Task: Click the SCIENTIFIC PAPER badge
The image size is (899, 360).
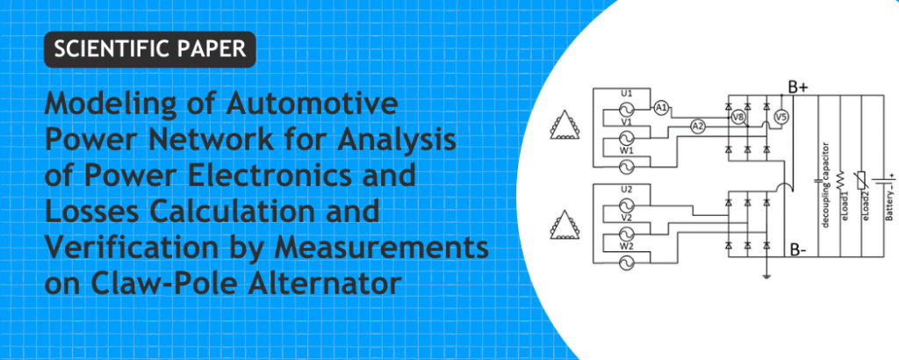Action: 149,49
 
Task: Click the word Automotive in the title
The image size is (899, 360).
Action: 312,104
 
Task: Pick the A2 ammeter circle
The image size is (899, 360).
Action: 697,126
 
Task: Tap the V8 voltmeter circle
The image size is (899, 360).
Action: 738,118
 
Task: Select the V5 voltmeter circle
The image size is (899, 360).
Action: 780,118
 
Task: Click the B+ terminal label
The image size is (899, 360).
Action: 798,88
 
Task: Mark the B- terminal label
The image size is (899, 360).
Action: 797,250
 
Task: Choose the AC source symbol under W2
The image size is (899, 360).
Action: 621,263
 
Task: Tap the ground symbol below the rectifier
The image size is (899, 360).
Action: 766,275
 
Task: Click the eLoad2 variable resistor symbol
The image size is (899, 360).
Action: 860,180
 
